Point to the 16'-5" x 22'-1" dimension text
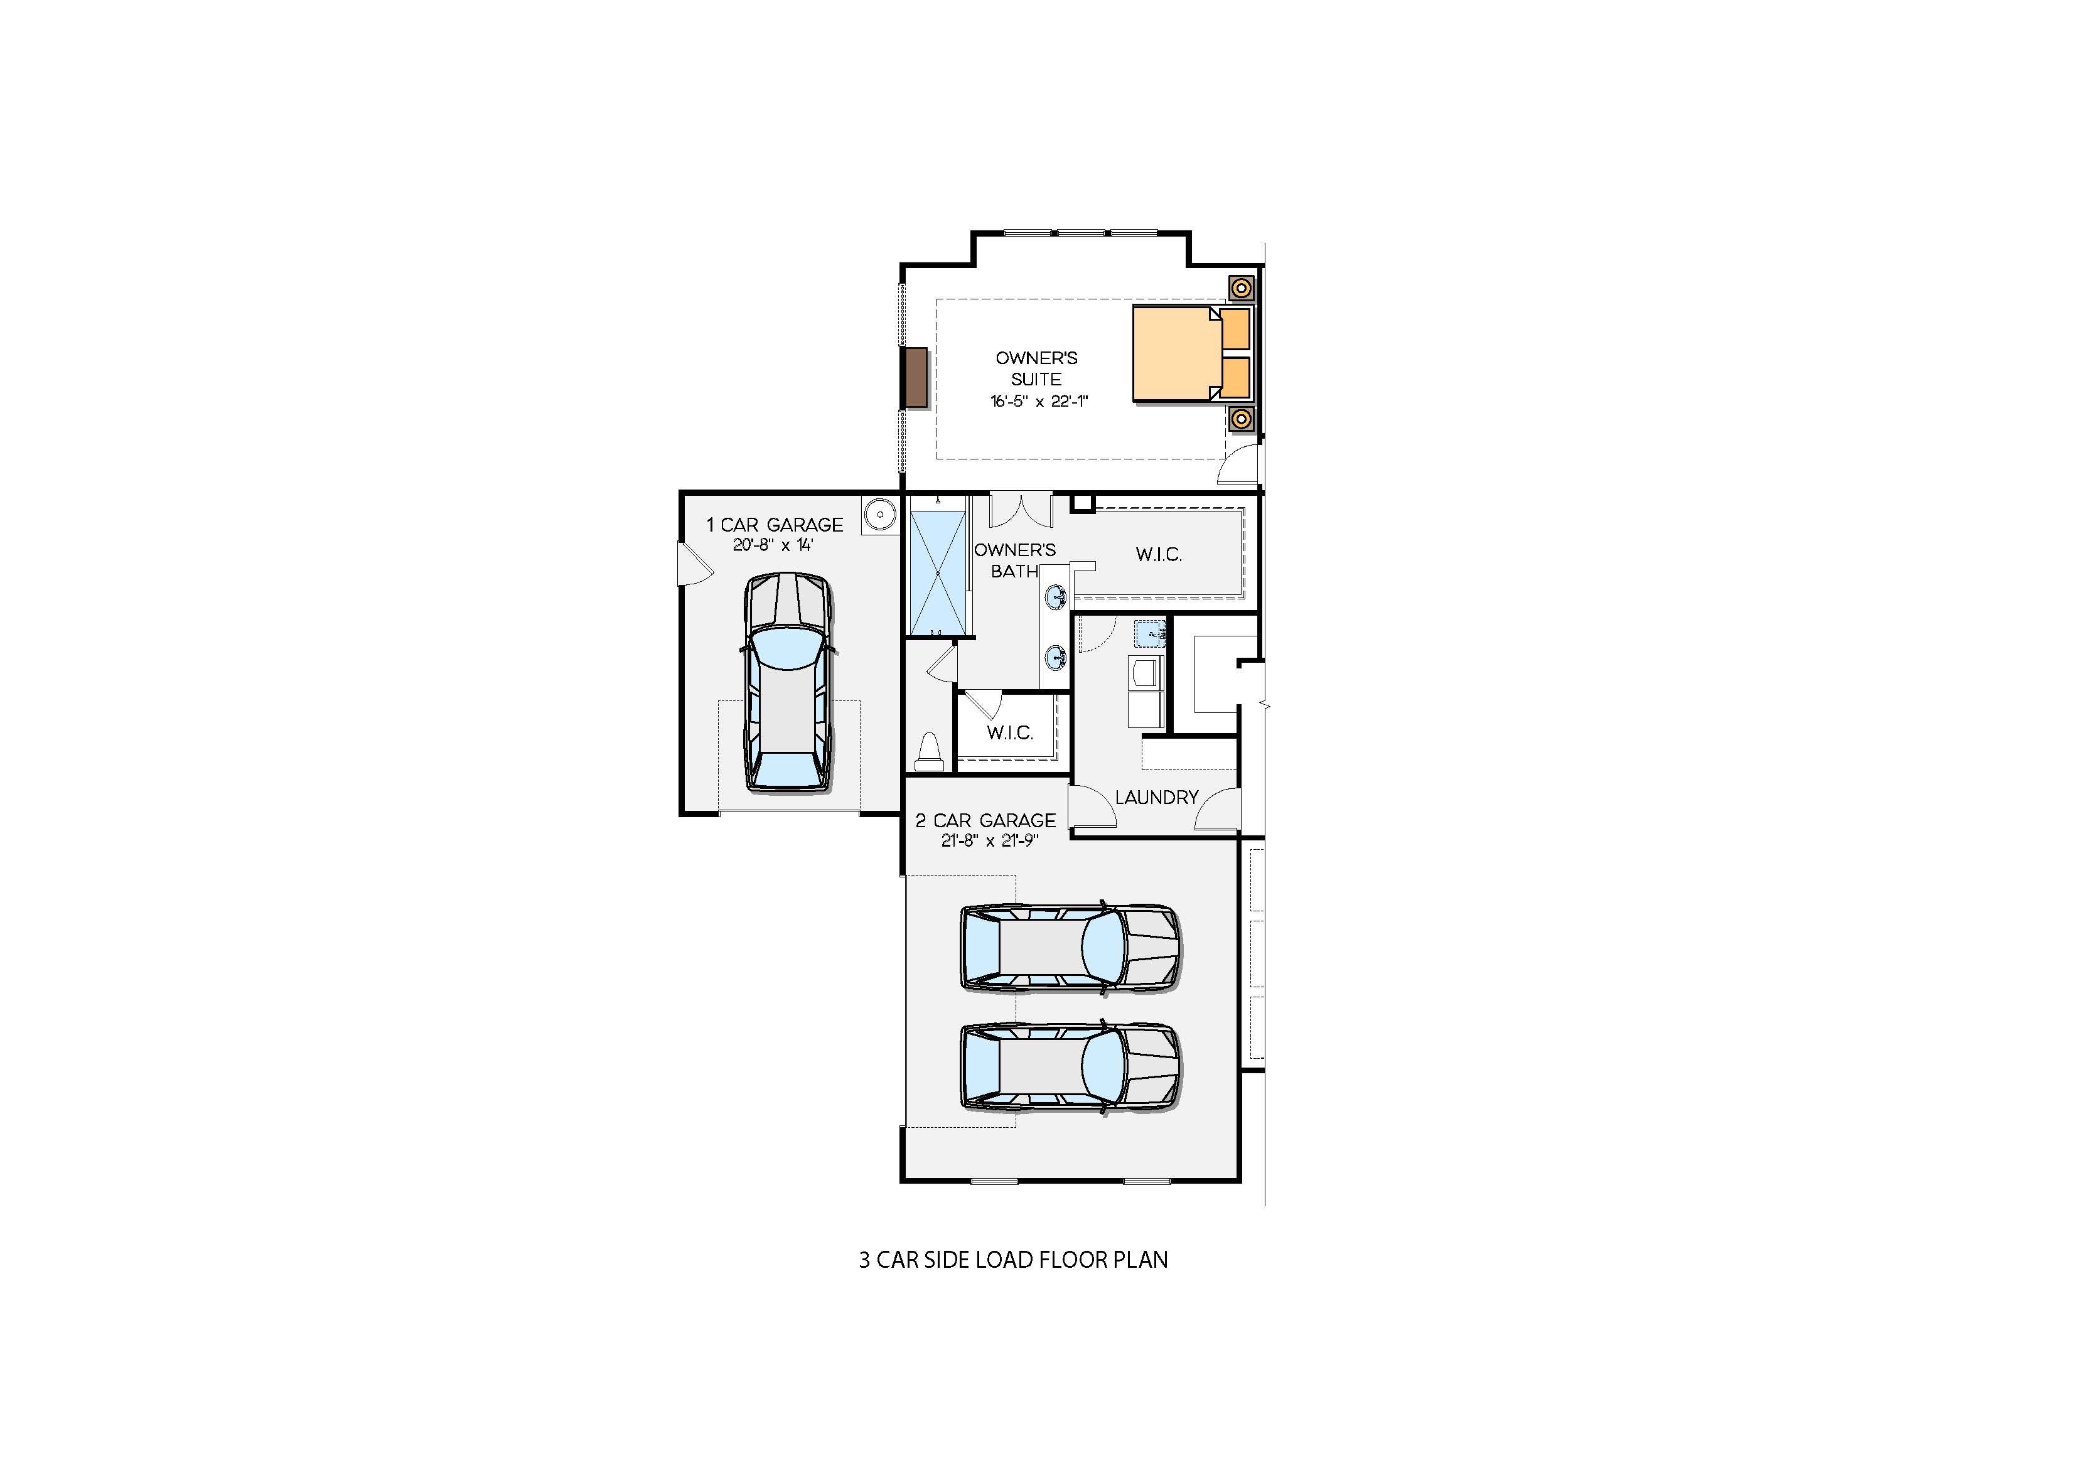coord(1038,400)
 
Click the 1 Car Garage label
coord(775,525)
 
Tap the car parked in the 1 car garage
coord(787,683)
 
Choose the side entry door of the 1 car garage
coord(695,565)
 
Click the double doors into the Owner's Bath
coord(1021,510)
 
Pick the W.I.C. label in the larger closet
coord(1159,554)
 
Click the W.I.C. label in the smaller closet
coord(1009,732)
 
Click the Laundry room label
coord(1156,797)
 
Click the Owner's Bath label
coord(1014,560)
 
